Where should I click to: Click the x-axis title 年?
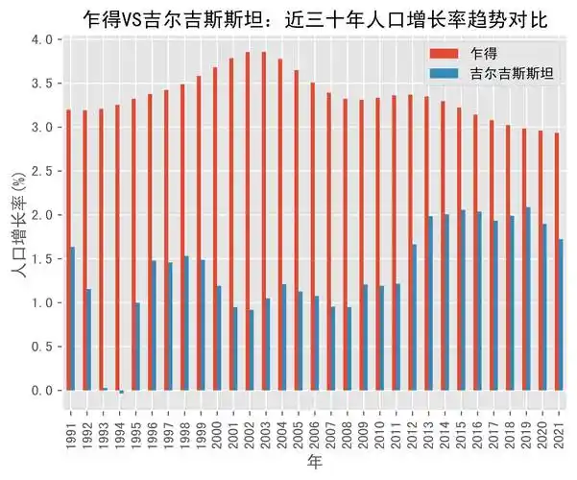coord(315,462)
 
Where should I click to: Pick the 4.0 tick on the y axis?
coord(42,39)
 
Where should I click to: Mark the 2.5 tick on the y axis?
coord(42,171)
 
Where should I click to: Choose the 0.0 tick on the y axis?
coord(42,391)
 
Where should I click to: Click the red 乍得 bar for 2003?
coord(263,221)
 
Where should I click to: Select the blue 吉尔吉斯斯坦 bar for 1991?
coord(72,319)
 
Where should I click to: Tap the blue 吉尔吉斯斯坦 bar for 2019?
coord(530,299)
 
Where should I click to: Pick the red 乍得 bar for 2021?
coord(558,261)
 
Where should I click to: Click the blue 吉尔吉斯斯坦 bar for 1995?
coord(137,347)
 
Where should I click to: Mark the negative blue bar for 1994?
coord(121,392)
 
